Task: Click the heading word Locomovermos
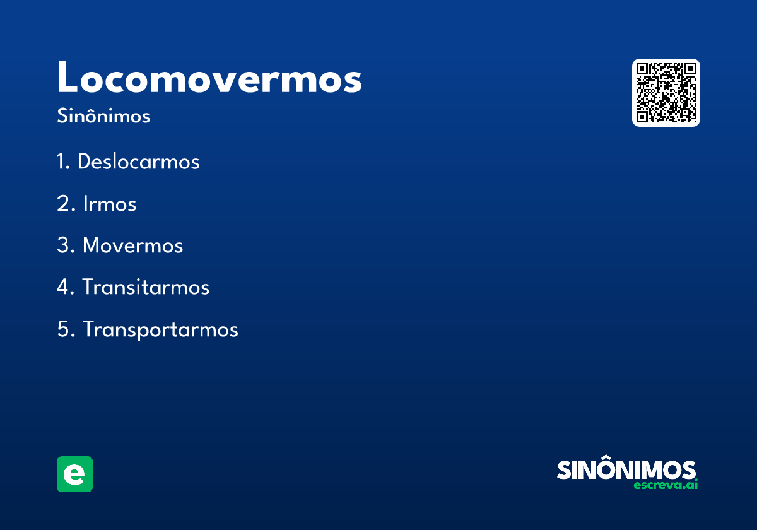click(x=209, y=78)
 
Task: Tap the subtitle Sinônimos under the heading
click(x=103, y=116)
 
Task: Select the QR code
click(x=666, y=93)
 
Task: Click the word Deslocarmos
click(x=138, y=162)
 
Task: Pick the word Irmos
click(x=110, y=204)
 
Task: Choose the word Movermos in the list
click(x=132, y=245)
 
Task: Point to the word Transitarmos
click(x=146, y=288)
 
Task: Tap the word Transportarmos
click(x=160, y=329)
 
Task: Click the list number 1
click(x=61, y=162)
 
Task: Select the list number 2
click(x=62, y=204)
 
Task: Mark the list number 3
click(x=62, y=245)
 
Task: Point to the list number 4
click(x=62, y=288)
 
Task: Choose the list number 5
click(x=62, y=329)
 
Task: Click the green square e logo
click(x=74, y=474)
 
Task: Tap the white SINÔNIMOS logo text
click(x=626, y=470)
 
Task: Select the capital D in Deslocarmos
click(x=85, y=162)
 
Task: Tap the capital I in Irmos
click(x=86, y=204)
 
